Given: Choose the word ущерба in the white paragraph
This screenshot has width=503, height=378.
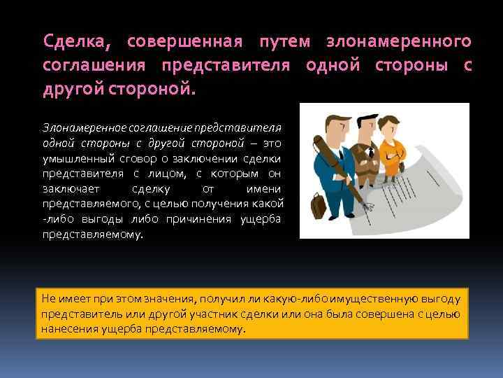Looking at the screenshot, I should pyautogui.click(x=261, y=220).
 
